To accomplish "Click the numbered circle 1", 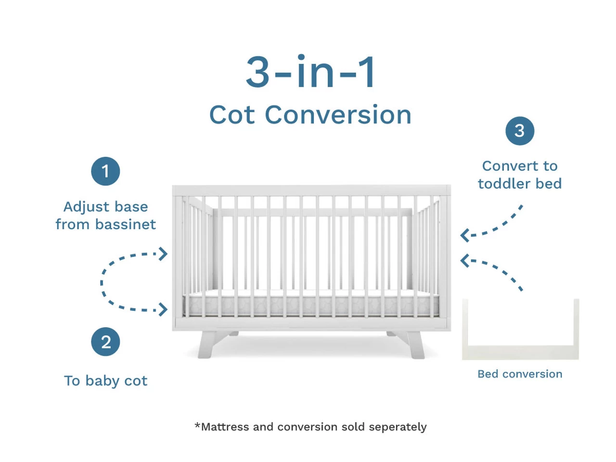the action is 105,171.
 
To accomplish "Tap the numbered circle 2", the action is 105,341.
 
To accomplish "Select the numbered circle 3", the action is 519,131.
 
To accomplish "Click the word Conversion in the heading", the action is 338,115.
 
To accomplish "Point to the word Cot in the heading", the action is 232,115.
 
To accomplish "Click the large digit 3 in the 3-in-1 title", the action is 257,72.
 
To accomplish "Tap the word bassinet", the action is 126,224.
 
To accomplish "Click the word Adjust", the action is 86,207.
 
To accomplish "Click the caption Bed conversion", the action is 520,374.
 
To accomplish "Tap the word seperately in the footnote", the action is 398,427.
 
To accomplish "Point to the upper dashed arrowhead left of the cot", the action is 163,254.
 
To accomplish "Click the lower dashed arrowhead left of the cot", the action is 163,309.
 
